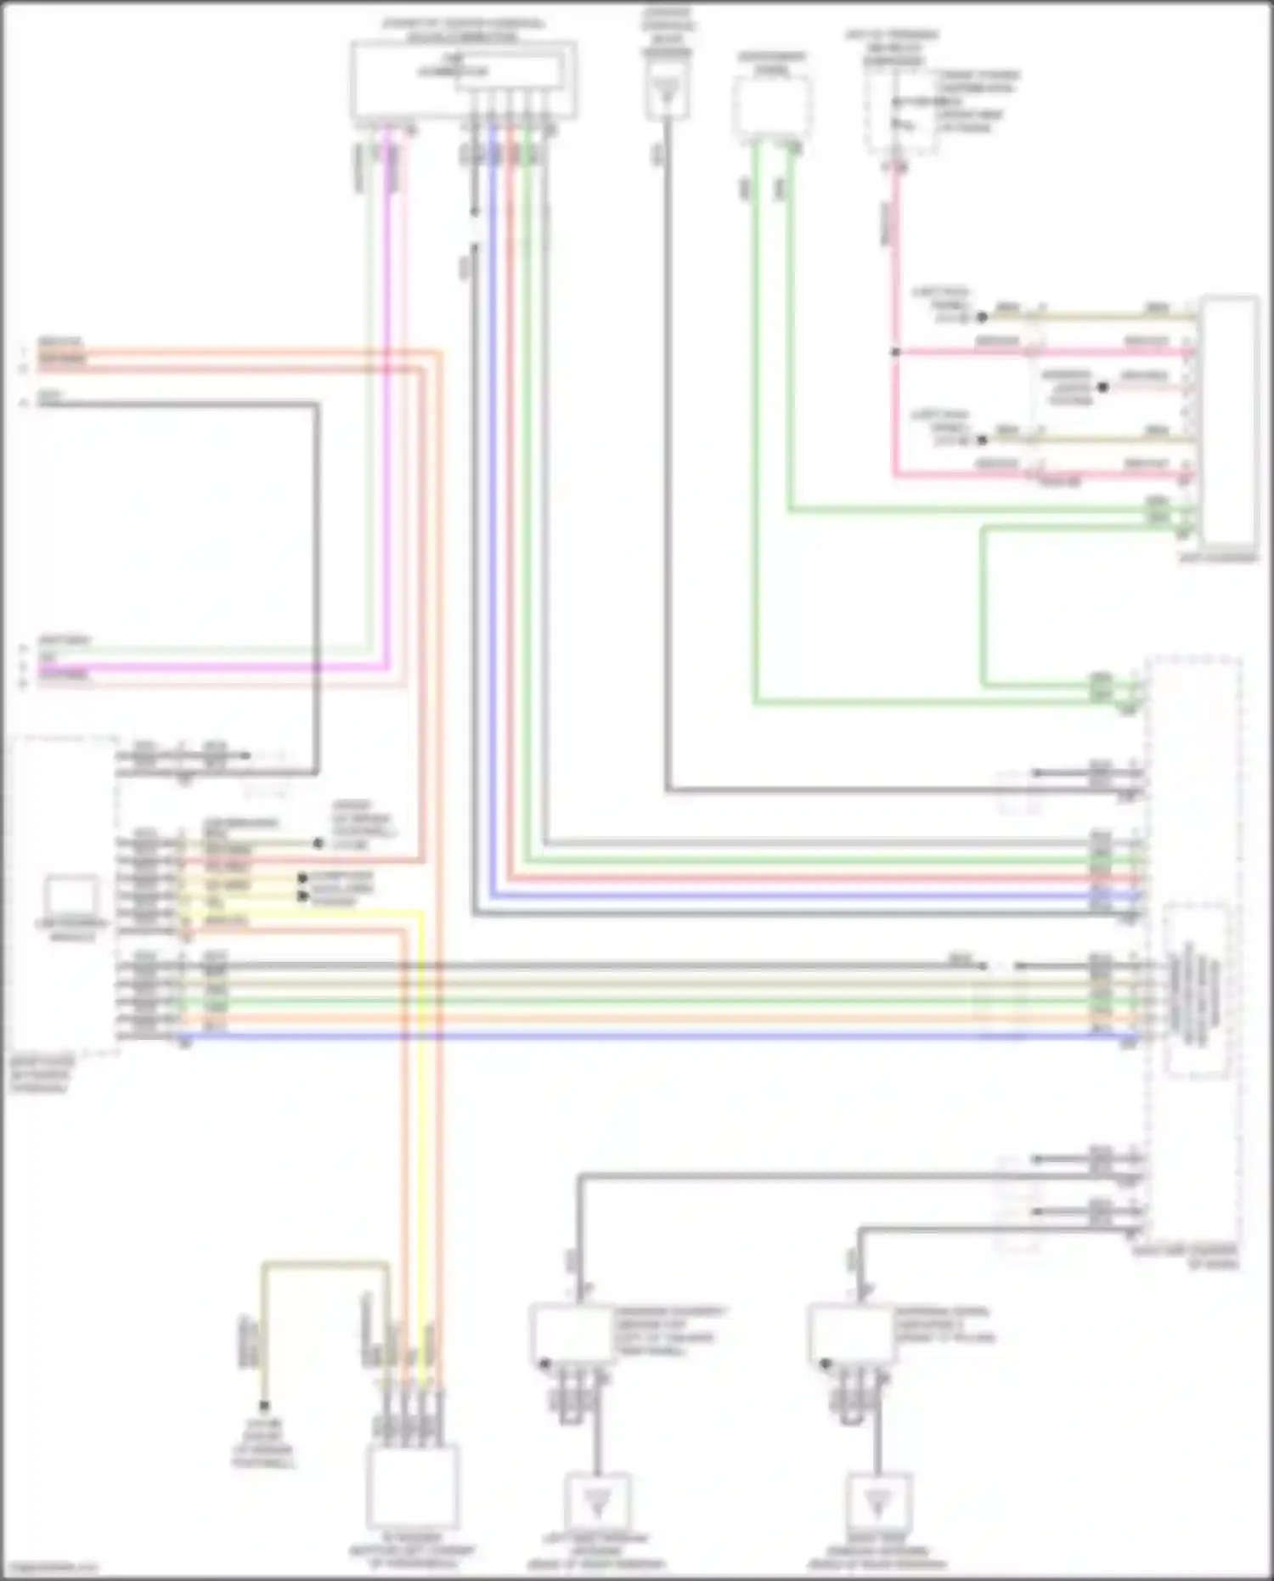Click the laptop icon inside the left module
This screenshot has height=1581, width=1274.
click(x=72, y=895)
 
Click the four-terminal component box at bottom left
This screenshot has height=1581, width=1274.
click(x=413, y=1486)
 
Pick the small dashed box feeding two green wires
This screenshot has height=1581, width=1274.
click(x=771, y=108)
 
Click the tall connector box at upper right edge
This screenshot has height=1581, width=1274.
click(x=1229, y=421)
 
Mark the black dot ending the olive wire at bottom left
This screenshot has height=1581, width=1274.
click(x=264, y=1406)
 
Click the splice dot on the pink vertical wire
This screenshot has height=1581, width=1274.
click(x=894, y=352)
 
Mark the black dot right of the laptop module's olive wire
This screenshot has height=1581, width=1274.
click(x=318, y=844)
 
